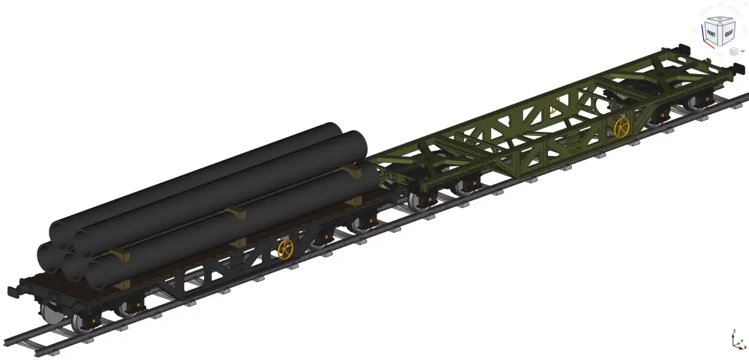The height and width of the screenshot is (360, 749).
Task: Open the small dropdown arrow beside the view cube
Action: pyautogui.click(x=742, y=51)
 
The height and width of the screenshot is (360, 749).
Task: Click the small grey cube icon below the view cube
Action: pyautogui.click(x=734, y=51)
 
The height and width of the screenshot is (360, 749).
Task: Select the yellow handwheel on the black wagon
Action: pyautogui.click(x=285, y=249)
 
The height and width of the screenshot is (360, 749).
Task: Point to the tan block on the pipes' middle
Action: pyautogui.click(x=237, y=213)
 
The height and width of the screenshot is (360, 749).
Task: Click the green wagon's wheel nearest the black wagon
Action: pyautogui.click(x=416, y=200)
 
